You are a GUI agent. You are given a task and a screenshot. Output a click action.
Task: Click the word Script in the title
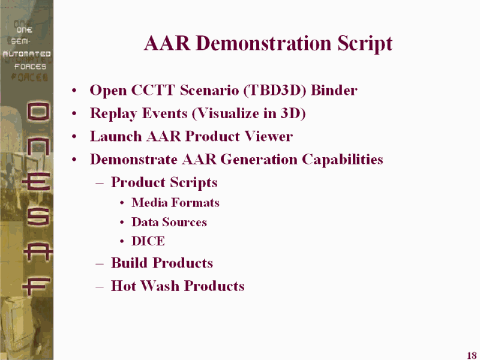(365, 43)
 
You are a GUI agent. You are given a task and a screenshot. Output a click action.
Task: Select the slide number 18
(472, 355)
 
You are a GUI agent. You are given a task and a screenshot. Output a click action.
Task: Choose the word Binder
(334, 90)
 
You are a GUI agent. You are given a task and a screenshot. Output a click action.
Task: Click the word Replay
(113, 113)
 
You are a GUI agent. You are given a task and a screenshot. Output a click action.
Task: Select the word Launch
(116, 136)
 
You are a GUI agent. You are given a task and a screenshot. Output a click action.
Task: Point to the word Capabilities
(343, 160)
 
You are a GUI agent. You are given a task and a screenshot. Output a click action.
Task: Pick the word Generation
(259, 159)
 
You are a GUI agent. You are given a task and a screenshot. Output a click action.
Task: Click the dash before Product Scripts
(100, 184)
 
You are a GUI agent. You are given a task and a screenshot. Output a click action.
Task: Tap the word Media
(149, 203)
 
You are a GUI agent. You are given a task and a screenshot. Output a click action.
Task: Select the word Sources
(189, 222)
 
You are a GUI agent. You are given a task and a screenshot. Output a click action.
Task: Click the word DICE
(148, 241)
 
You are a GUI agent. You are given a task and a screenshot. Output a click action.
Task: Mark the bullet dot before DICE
(122, 242)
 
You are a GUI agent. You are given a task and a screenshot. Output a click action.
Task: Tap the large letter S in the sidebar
(37, 217)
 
